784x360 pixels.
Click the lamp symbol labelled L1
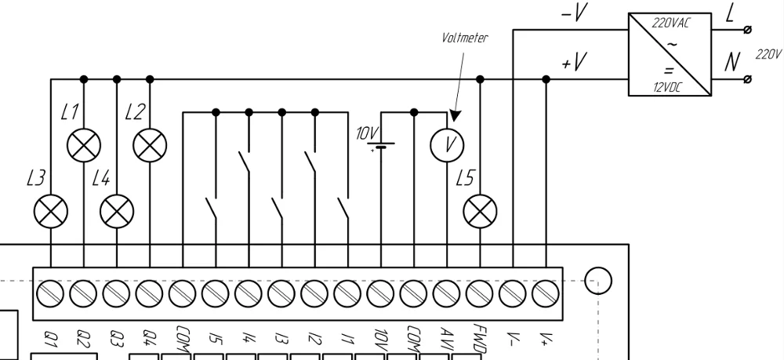click(84, 144)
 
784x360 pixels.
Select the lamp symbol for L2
click(150, 144)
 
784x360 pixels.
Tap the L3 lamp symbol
click(51, 210)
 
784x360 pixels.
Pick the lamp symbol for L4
click(117, 210)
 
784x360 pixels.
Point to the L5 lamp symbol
click(480, 210)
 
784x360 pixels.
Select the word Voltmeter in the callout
click(465, 37)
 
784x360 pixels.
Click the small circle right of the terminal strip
click(598, 280)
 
